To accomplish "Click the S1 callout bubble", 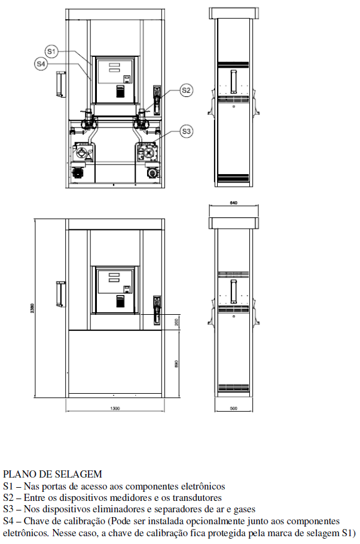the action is pos(51,51).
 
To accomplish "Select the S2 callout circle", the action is pos(186,90).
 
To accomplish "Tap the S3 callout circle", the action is pos(186,132).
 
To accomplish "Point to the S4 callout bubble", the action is pos(41,64).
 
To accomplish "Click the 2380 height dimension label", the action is pos(32,308).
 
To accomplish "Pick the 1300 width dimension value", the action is pos(115,408).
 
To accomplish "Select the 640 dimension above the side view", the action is pos(234,203).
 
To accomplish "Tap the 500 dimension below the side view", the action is pos(234,408).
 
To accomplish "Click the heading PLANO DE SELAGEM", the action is pos(53,474).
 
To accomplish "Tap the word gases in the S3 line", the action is pos(244,509).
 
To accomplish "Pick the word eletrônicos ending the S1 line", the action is pos(202,486).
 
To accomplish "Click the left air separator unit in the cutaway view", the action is pos(83,152).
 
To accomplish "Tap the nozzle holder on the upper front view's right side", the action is pos(157,99).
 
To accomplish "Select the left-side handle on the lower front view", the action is pos(61,294).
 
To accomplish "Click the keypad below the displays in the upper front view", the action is pos(120,91).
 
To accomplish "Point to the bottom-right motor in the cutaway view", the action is pos(152,172).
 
